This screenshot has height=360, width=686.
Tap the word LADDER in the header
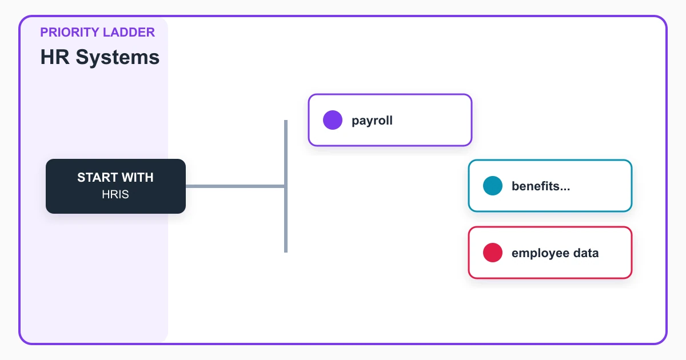pyautogui.click(x=129, y=32)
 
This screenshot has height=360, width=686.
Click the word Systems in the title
pyautogui.click(x=118, y=57)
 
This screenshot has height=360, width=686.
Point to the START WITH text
pyautogui.click(x=115, y=177)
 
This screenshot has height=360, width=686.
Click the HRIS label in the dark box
pyautogui.click(x=115, y=194)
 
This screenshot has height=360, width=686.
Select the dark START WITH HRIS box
pyautogui.click(x=115, y=186)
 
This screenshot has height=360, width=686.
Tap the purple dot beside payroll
pyautogui.click(x=333, y=120)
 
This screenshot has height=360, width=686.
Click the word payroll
pyautogui.click(x=372, y=121)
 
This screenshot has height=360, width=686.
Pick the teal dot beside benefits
pyautogui.click(x=493, y=186)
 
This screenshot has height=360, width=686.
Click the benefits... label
pyautogui.click(x=541, y=186)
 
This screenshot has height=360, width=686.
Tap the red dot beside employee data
pyautogui.click(x=493, y=253)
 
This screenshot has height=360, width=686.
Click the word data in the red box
pyautogui.click(x=586, y=253)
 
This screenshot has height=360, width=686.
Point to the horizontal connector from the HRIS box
pyautogui.click(x=235, y=186)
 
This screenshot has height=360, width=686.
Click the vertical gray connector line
pyautogui.click(x=286, y=186)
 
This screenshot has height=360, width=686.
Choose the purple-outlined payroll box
pyautogui.click(x=390, y=120)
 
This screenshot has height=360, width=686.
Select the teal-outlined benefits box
pyautogui.click(x=551, y=186)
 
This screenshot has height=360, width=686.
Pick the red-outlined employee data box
pyautogui.click(x=551, y=253)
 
